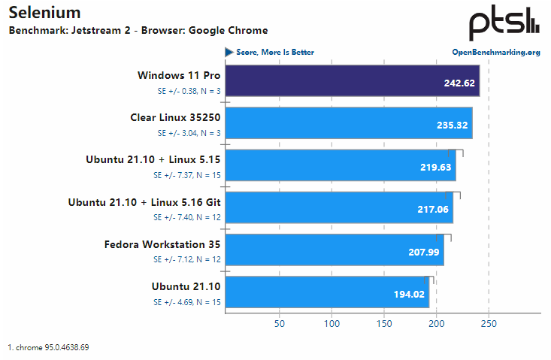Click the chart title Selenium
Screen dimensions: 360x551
click(x=44, y=13)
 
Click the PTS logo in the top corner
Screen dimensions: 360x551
click(x=504, y=24)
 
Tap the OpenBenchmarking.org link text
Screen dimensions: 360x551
click(x=495, y=52)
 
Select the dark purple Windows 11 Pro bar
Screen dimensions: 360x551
click(x=352, y=81)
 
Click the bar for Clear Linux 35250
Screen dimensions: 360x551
click(x=349, y=123)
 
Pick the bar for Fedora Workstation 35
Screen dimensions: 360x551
click(x=335, y=250)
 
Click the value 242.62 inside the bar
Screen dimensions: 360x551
click(x=459, y=83)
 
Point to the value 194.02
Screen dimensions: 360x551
click(x=409, y=294)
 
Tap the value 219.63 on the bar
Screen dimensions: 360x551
click(x=435, y=168)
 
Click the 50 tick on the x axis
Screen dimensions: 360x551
click(x=279, y=323)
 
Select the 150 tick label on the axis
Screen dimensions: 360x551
click(x=384, y=323)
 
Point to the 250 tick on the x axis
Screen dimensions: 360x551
click(x=489, y=323)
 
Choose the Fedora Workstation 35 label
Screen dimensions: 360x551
click(x=162, y=244)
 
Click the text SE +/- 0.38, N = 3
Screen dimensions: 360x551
click(x=189, y=91)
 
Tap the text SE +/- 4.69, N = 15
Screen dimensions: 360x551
click(x=186, y=301)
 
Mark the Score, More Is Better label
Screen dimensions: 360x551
click(x=275, y=52)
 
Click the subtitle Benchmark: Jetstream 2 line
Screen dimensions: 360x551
click(x=138, y=31)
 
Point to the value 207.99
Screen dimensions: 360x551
click(x=424, y=252)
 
